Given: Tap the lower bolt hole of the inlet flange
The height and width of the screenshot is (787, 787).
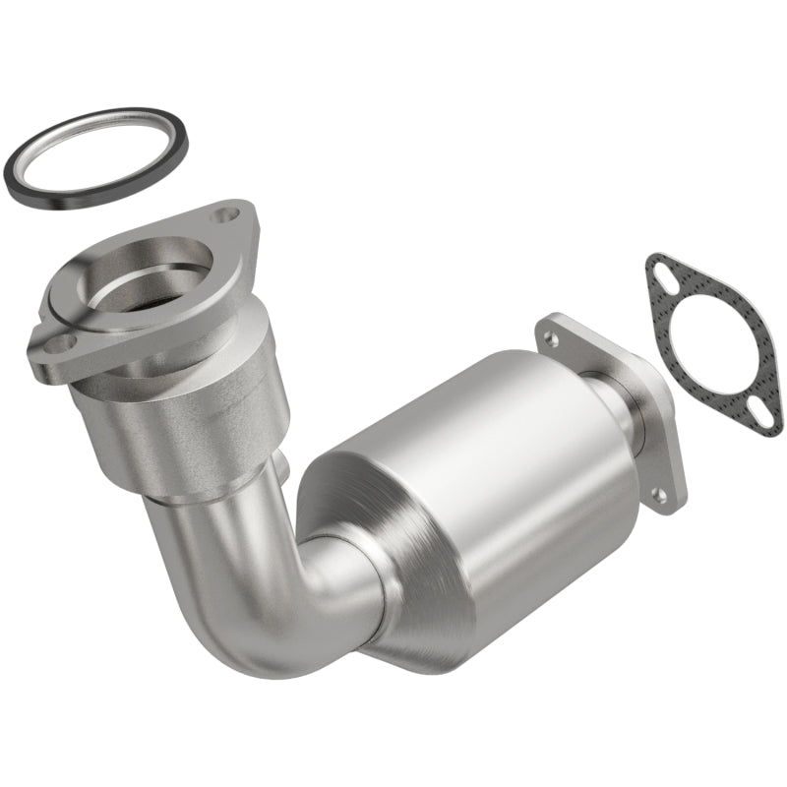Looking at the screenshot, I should point(59,344).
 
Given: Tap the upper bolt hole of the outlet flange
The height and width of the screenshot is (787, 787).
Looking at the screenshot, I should point(551,338).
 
